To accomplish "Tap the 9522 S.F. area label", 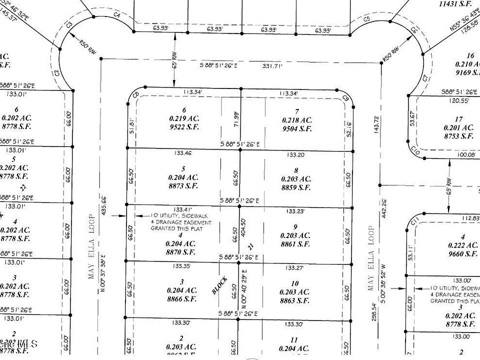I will tap(184, 127).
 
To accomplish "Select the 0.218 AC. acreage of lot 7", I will tap(297, 120).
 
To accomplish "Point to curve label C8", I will tap(135, 95).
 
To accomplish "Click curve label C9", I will tap(345, 98).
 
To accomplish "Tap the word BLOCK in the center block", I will tap(220, 285).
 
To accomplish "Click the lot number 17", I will tap(459, 118).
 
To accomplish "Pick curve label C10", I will tap(414, 149).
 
